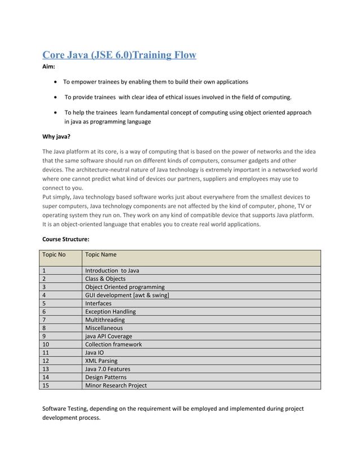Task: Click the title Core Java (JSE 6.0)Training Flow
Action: pyautogui.click(x=120, y=55)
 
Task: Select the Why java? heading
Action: pyautogui.click(x=56, y=136)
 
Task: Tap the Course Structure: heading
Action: pyautogui.click(x=65, y=239)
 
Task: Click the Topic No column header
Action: pyautogui.click(x=54, y=254)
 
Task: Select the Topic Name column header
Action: pyautogui.click(x=101, y=254)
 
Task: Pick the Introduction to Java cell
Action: pyautogui.click(x=112, y=270)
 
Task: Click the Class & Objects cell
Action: pyautogui.click(x=105, y=279)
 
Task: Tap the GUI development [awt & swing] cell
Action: pyautogui.click(x=127, y=295)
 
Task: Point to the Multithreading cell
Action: pyautogui.click(x=105, y=319)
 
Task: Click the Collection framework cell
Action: pyautogui.click(x=113, y=344)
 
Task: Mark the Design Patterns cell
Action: pyautogui.click(x=106, y=377)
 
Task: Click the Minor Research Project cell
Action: pyautogui.click(x=116, y=385)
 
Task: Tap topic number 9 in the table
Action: pyautogui.click(x=45, y=336)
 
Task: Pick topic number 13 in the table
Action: pyautogui.click(x=46, y=369)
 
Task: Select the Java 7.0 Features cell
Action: pyautogui.click(x=107, y=369)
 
